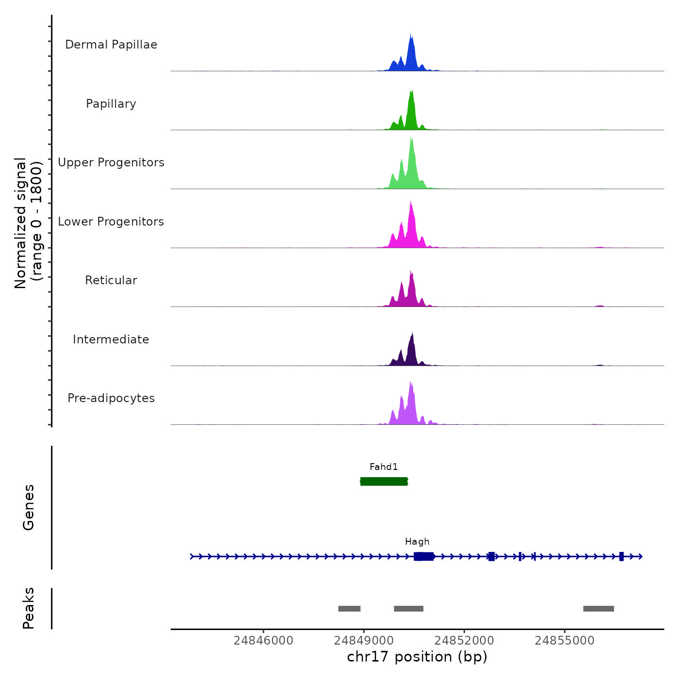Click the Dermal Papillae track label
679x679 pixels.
pyautogui.click(x=111, y=45)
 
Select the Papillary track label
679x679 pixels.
pyautogui.click(x=111, y=104)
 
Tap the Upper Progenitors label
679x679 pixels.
pyautogui.click(x=111, y=162)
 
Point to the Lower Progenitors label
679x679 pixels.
pyautogui.click(x=111, y=222)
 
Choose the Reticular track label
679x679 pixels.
pyautogui.click(x=111, y=280)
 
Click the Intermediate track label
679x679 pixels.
pyautogui.click(x=111, y=339)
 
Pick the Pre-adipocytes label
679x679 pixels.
pyautogui.click(x=111, y=398)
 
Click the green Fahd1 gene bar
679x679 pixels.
pyautogui.click(x=384, y=481)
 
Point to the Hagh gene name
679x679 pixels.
pyautogui.click(x=417, y=542)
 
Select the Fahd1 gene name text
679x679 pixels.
pyautogui.click(x=384, y=467)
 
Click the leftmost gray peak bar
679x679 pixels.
pyautogui.click(x=349, y=609)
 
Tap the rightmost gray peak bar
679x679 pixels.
pyautogui.click(x=598, y=609)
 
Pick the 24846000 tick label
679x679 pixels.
pyautogui.click(x=263, y=641)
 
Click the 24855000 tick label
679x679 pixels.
pyautogui.click(x=565, y=641)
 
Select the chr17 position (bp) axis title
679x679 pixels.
pyautogui.click(x=417, y=657)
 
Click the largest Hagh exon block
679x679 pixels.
pyautogui.click(x=424, y=556)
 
